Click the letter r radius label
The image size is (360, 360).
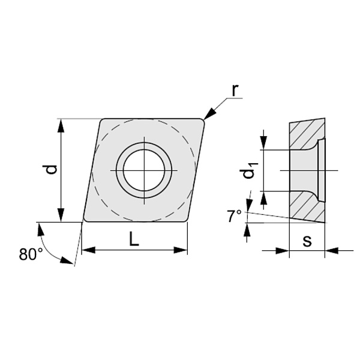click(x=235, y=91)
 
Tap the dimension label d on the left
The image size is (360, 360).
click(x=51, y=169)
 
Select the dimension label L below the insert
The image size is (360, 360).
click(x=134, y=239)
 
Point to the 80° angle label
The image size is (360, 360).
click(x=31, y=254)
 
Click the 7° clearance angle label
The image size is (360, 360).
click(x=234, y=216)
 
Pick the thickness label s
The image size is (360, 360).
click(x=307, y=241)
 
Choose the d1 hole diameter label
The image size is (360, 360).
click(x=251, y=171)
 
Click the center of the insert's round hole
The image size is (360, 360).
click(x=144, y=170)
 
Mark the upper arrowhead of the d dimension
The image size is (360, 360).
click(x=61, y=125)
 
